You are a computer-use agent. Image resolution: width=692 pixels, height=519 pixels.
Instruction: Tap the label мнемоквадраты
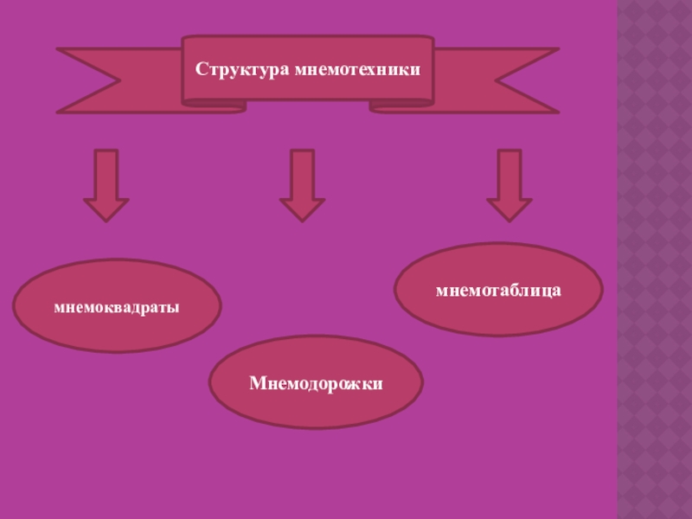pos(117,306)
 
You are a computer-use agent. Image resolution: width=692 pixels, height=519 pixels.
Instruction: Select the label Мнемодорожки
pos(317,381)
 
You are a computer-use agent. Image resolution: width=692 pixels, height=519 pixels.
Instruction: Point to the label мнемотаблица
pos(498,289)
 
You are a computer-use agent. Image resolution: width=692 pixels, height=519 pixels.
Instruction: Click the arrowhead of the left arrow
pos(106,209)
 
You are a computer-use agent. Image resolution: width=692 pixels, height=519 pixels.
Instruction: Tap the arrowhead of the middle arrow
pos(302,209)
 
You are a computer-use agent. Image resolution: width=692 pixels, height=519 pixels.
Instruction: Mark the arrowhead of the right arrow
pos(509,209)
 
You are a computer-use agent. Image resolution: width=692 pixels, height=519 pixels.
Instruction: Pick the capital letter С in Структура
pos(200,68)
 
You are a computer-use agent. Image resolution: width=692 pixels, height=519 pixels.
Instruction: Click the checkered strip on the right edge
pos(654,259)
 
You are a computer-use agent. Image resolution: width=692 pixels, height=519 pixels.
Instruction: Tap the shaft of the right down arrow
pos(509,173)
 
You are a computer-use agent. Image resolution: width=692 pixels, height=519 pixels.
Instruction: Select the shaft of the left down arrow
pos(106,173)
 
